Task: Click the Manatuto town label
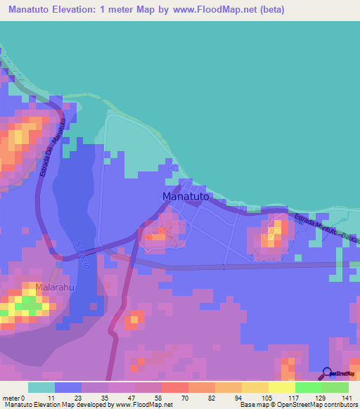point(186,197)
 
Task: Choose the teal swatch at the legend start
point(41,387)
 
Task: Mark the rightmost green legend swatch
point(335,387)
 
